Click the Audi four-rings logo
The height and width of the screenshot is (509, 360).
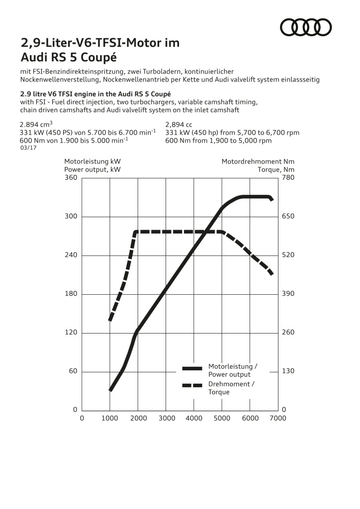306,27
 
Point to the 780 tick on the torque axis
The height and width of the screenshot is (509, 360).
288,177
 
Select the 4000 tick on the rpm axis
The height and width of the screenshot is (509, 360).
193,419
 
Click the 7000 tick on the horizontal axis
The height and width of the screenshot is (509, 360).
278,419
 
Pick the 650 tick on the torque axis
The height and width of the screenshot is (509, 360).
288,217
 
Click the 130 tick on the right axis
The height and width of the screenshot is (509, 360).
288,371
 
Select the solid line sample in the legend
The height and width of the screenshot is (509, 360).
192,368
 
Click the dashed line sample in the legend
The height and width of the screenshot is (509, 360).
192,385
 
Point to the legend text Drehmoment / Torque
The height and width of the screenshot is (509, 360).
231,388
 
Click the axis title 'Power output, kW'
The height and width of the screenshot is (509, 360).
92,170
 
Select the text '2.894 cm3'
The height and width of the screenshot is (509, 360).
36,125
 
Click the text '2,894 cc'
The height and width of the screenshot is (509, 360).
179,125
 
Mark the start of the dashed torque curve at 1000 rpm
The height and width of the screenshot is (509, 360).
109,320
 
